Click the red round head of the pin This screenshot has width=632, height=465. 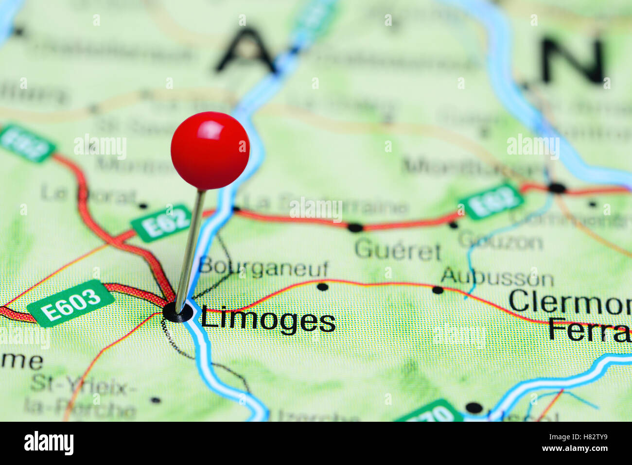pos(210,150)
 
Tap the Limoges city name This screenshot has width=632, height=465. pos(268,321)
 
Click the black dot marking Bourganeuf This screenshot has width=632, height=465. pos(322,287)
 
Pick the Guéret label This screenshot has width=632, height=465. pos(398,250)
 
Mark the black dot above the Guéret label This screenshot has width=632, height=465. pos(355,227)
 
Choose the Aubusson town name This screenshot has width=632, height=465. pos(497,277)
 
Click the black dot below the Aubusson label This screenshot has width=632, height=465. pos(438,290)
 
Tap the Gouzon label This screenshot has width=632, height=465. pos(500,241)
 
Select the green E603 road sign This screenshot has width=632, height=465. pos(70,303)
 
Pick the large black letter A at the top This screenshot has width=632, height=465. pos(246,51)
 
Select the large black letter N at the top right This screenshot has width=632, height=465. pos(574,61)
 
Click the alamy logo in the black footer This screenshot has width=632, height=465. pos(49,443)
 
